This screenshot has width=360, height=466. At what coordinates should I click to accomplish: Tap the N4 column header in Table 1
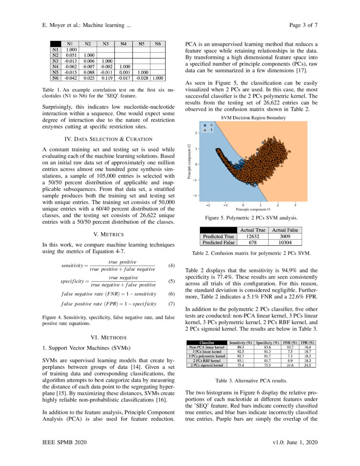123,44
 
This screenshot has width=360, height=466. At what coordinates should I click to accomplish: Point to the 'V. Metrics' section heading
108,234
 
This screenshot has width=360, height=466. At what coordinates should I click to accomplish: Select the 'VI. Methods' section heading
108,337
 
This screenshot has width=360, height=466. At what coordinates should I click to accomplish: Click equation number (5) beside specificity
171,281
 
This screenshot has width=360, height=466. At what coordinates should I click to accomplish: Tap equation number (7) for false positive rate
171,304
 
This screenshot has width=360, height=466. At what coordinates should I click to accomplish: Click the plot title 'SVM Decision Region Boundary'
253,118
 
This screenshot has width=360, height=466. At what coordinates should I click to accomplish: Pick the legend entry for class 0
208,125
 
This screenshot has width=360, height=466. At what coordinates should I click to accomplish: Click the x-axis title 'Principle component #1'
253,209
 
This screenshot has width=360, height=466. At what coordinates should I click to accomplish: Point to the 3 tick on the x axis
295,205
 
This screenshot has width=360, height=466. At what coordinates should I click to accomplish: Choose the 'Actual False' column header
285,230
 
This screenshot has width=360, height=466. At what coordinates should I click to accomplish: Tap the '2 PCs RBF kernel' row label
207,361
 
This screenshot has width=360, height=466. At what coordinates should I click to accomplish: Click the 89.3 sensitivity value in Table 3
240,347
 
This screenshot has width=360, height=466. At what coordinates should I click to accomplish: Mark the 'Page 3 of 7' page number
303,25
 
